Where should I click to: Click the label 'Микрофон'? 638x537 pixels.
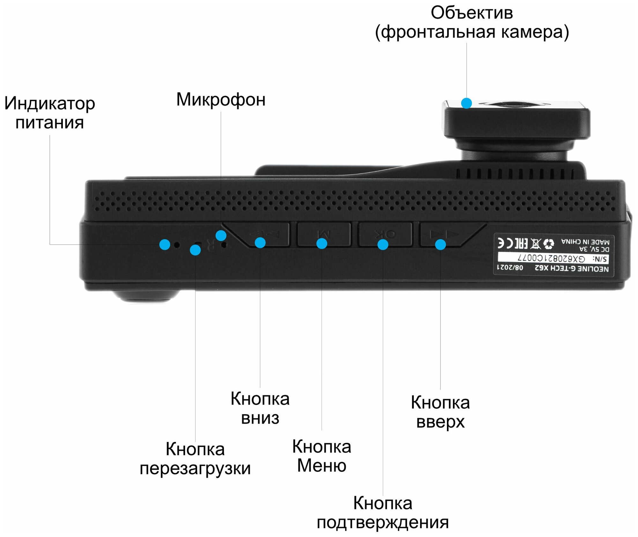[x=221, y=100]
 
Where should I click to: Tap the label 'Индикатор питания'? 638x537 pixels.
[x=50, y=113]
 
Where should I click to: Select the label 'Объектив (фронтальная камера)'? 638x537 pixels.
[x=472, y=22]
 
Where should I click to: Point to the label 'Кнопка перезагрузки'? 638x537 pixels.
[x=195, y=459]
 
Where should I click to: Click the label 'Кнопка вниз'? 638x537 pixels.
[x=260, y=408]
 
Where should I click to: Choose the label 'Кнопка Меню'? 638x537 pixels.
[x=322, y=456]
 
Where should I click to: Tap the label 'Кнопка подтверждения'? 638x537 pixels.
[x=383, y=513]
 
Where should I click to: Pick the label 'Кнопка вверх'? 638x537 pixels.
[x=440, y=412]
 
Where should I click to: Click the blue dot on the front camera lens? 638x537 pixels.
[x=466, y=103]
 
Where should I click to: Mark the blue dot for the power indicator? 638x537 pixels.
[x=165, y=244]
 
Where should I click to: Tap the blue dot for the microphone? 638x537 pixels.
[x=221, y=236]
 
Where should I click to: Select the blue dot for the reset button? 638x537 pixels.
[x=195, y=250]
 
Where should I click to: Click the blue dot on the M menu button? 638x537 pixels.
[x=322, y=244]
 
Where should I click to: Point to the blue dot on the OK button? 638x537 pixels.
[x=383, y=245]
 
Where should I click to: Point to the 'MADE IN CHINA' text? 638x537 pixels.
[x=585, y=242]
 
